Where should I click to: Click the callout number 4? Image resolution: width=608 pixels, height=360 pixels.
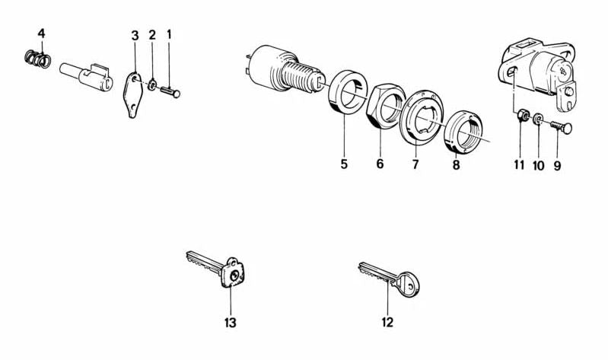pyautogui.click(x=41, y=33)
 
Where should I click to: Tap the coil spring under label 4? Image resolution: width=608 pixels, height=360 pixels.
pyautogui.click(x=37, y=59)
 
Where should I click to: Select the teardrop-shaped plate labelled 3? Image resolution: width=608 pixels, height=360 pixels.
pyautogui.click(x=132, y=94)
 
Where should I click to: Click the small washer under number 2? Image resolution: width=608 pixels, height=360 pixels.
pyautogui.click(x=152, y=84)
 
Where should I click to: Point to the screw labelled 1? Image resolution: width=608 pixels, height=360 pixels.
pyautogui.click(x=170, y=92)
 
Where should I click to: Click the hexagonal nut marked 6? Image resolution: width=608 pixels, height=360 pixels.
pyautogui.click(x=386, y=107)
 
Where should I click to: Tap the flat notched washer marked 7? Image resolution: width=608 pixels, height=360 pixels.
pyautogui.click(x=422, y=118)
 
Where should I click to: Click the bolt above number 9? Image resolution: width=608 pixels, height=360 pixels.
pyautogui.click(x=561, y=127)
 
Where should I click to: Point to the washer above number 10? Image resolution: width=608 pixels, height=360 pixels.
pyautogui.click(x=538, y=119)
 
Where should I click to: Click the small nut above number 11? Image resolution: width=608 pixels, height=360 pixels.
pyautogui.click(x=522, y=115)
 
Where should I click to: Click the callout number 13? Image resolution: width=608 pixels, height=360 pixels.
pyautogui.click(x=230, y=323)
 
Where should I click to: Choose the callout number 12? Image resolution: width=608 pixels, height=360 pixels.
pyautogui.click(x=387, y=322)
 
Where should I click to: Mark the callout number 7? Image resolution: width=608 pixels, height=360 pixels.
pyautogui.click(x=415, y=164)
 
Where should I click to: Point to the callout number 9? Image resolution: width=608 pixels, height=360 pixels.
pyautogui.click(x=557, y=166)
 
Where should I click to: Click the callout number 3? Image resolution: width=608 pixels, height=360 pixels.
pyautogui.click(x=135, y=36)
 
